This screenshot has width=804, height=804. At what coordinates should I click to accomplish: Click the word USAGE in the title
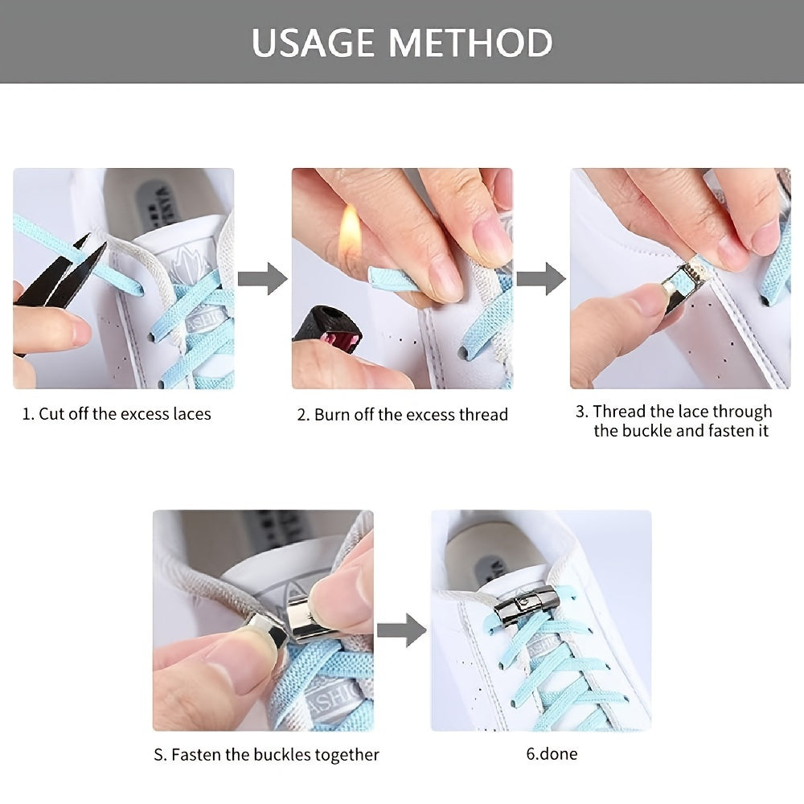click(x=314, y=42)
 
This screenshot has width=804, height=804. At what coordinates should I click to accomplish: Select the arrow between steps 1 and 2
click(x=265, y=278)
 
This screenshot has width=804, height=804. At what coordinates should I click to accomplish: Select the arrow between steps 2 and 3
click(x=540, y=278)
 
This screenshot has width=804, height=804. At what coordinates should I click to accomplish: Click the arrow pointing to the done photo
click(x=401, y=630)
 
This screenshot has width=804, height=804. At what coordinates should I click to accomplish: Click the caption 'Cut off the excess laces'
click(x=117, y=414)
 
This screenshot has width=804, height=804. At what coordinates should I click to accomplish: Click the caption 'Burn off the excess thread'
click(x=403, y=415)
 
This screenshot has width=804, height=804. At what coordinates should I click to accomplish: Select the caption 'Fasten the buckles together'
click(x=266, y=755)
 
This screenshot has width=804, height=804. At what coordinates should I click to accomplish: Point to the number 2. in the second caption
click(x=303, y=415)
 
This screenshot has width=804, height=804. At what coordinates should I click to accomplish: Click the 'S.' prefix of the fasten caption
click(x=160, y=755)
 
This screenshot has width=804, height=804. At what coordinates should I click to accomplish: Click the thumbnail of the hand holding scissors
click(x=123, y=278)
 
